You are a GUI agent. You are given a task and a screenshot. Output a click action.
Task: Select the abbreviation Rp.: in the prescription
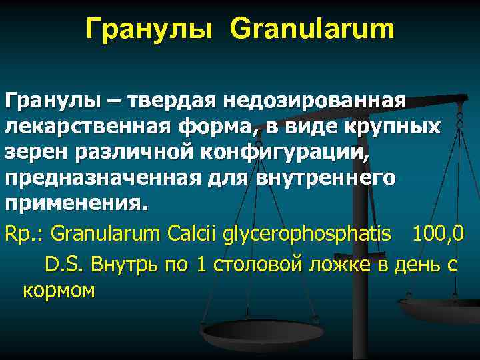point(25,235)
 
